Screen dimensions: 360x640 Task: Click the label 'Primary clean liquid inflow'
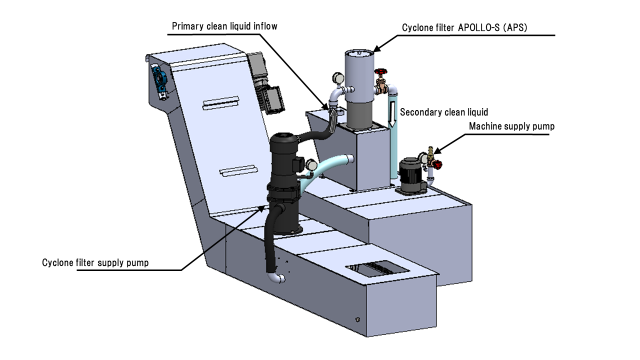(x=224, y=26)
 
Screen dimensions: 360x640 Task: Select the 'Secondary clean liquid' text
(x=444, y=112)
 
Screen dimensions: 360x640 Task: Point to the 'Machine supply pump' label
(x=511, y=126)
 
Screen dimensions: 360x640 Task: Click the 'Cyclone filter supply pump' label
(x=95, y=262)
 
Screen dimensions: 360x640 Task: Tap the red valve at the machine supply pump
(x=437, y=163)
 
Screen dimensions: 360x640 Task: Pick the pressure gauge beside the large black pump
(x=311, y=164)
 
